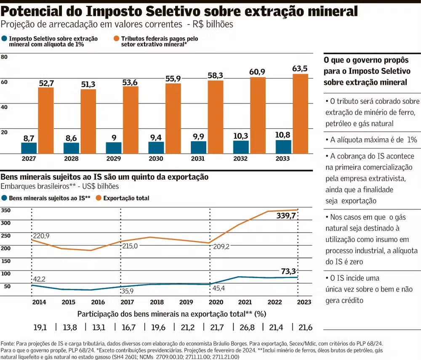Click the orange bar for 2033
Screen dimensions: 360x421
point(300,114)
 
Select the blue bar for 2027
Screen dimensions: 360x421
point(29,148)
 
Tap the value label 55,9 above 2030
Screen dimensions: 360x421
point(173,78)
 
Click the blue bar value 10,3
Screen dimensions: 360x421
point(241,135)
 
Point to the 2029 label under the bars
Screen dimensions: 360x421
point(114,159)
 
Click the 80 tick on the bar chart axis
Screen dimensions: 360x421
point(4,57)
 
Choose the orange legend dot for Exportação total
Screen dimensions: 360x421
point(98,198)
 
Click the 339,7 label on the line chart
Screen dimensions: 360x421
point(286,216)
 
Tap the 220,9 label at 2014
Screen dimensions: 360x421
point(40,236)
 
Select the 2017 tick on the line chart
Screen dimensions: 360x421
point(121,302)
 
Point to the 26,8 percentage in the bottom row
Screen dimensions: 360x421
point(245,327)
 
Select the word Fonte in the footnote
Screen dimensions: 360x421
point(8,343)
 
